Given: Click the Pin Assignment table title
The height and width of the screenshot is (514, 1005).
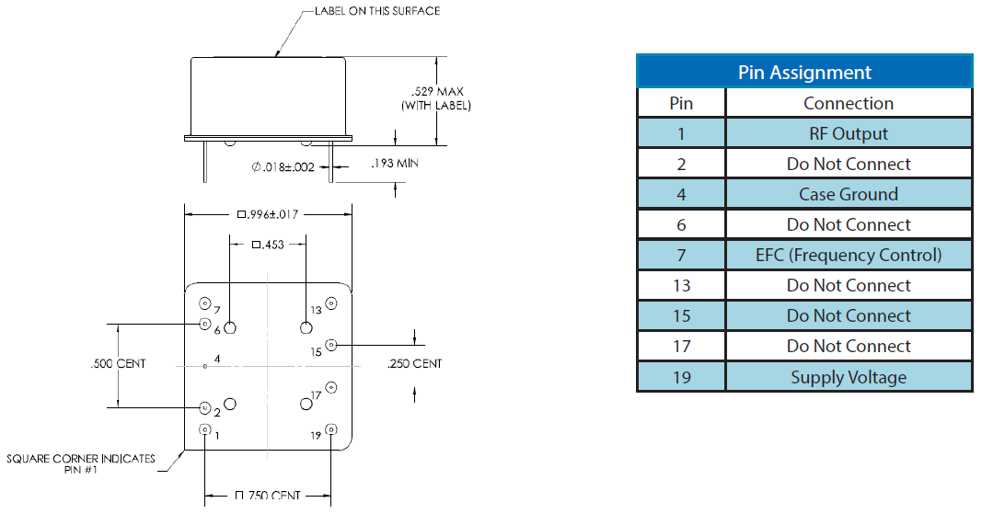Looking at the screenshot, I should tap(803, 72).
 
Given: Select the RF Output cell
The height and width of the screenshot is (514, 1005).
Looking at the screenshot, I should tap(849, 133).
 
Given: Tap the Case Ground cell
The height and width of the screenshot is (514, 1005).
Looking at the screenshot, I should tap(849, 194).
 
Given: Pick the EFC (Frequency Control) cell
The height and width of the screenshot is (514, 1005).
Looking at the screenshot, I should tap(849, 255).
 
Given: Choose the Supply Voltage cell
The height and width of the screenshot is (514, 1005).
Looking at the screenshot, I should tap(849, 377).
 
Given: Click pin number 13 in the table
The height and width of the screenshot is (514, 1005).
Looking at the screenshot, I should tap(681, 285).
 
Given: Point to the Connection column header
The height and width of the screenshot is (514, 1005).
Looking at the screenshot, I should tap(849, 103).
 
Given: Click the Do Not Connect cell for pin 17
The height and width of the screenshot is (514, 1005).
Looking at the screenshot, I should tap(849, 346).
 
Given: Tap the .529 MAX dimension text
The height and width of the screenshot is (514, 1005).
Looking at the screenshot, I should tap(437, 92).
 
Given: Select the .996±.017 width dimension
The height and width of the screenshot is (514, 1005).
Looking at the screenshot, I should tap(268, 214).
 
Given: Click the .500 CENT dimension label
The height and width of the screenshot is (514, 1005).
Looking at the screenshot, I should tap(119, 364).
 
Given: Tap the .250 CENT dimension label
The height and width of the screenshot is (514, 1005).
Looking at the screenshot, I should tap(414, 364).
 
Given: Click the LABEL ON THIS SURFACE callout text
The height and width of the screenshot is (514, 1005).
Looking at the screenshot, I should tap(378, 11).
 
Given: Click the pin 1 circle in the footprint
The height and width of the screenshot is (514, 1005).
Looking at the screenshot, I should tap(204, 428).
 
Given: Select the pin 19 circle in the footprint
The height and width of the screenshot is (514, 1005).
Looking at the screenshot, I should tap(331, 429).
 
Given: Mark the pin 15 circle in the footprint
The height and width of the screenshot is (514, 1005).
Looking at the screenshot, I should tap(331, 345).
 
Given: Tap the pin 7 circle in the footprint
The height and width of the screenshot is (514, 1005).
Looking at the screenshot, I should tap(204, 303).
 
